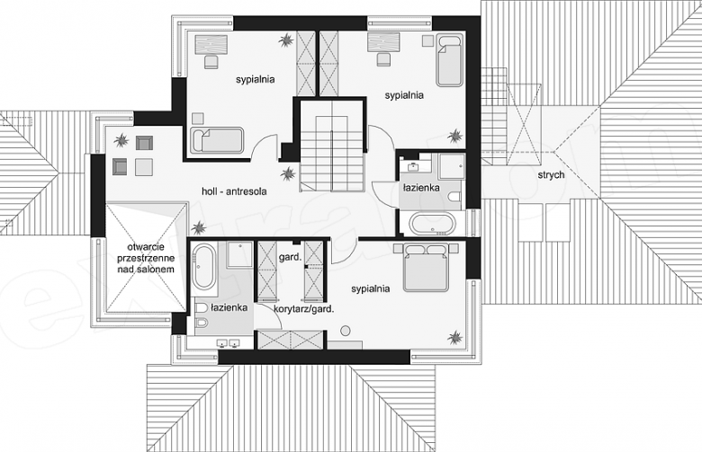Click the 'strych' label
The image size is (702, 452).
click(x=551, y=175)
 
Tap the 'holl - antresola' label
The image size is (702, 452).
click(x=234, y=191)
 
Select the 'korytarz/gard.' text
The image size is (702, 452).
click(x=304, y=308)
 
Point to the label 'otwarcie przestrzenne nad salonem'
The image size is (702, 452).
click(x=146, y=258)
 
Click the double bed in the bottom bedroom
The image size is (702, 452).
click(x=426, y=267)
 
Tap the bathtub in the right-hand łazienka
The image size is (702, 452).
click(x=433, y=224)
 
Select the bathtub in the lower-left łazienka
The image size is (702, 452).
click(x=203, y=267)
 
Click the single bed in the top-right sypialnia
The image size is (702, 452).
click(x=450, y=61)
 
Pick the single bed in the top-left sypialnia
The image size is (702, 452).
click(x=217, y=141)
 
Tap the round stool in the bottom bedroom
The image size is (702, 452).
click(x=346, y=332)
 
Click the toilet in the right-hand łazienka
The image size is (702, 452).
click(x=454, y=197)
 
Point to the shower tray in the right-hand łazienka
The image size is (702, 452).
click(x=452, y=167)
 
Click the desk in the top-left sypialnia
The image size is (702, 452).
click(x=211, y=45)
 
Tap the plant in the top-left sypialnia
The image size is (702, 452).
click(x=285, y=40)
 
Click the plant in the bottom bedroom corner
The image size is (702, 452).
click(x=454, y=338)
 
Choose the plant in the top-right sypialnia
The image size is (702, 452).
click(x=455, y=136)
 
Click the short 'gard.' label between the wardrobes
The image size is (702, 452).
click(x=289, y=257)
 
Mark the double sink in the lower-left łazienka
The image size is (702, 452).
click(x=228, y=343)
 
